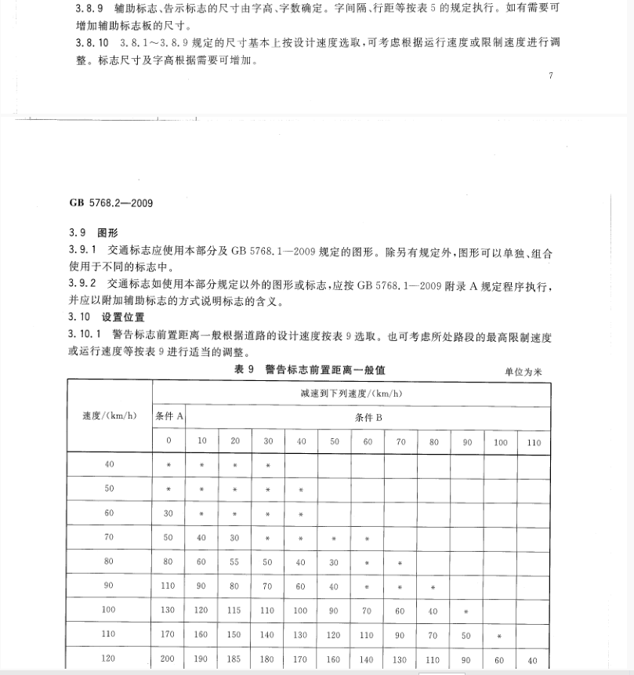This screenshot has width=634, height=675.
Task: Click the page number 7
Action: click(551, 76)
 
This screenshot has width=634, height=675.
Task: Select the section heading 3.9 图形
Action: click(92, 234)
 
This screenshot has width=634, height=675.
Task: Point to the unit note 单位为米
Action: click(523, 372)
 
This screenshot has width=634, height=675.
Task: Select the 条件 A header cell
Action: click(169, 416)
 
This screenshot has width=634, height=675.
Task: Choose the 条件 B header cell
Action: click(368, 417)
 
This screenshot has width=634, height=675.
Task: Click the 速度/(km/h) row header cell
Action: click(109, 416)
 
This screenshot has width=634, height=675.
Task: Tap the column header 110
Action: click(534, 442)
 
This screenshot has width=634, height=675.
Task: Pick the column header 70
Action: click(400, 442)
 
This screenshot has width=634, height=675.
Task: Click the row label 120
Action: click(109, 659)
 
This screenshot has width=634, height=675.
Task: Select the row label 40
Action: click(109, 464)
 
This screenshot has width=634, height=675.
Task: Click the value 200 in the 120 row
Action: click(168, 659)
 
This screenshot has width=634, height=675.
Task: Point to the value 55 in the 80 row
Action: click(235, 562)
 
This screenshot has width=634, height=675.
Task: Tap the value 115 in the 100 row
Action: click(235, 610)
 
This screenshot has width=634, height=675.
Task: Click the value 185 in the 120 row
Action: click(235, 659)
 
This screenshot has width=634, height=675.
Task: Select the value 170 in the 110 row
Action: click(168, 634)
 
